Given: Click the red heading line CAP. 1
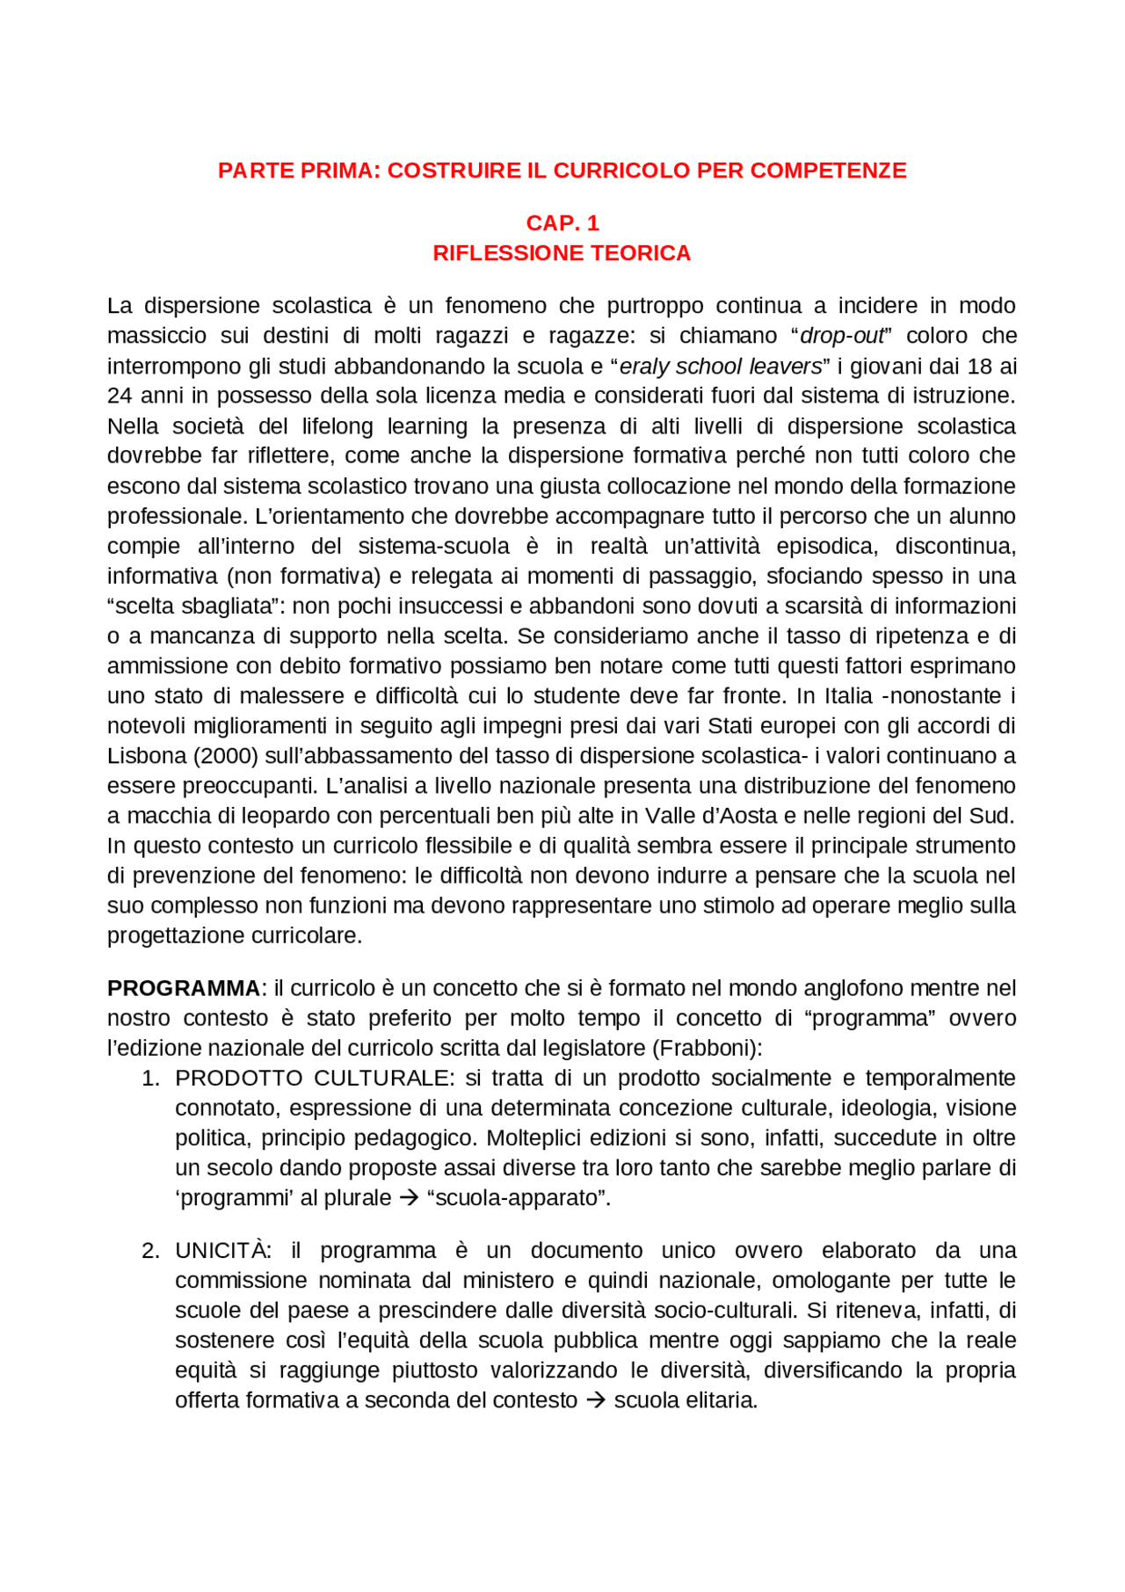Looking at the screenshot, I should click(x=562, y=222).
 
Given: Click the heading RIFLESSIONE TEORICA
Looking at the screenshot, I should click(x=562, y=253).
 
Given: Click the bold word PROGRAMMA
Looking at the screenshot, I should click(x=183, y=988).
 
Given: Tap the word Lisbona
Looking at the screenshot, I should click(x=147, y=756).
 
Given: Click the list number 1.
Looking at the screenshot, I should click(x=150, y=1078).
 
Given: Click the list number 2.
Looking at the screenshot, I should click(x=150, y=1250).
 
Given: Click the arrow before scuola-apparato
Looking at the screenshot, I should click(x=409, y=1198).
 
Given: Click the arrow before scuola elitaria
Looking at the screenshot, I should click(x=596, y=1400).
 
